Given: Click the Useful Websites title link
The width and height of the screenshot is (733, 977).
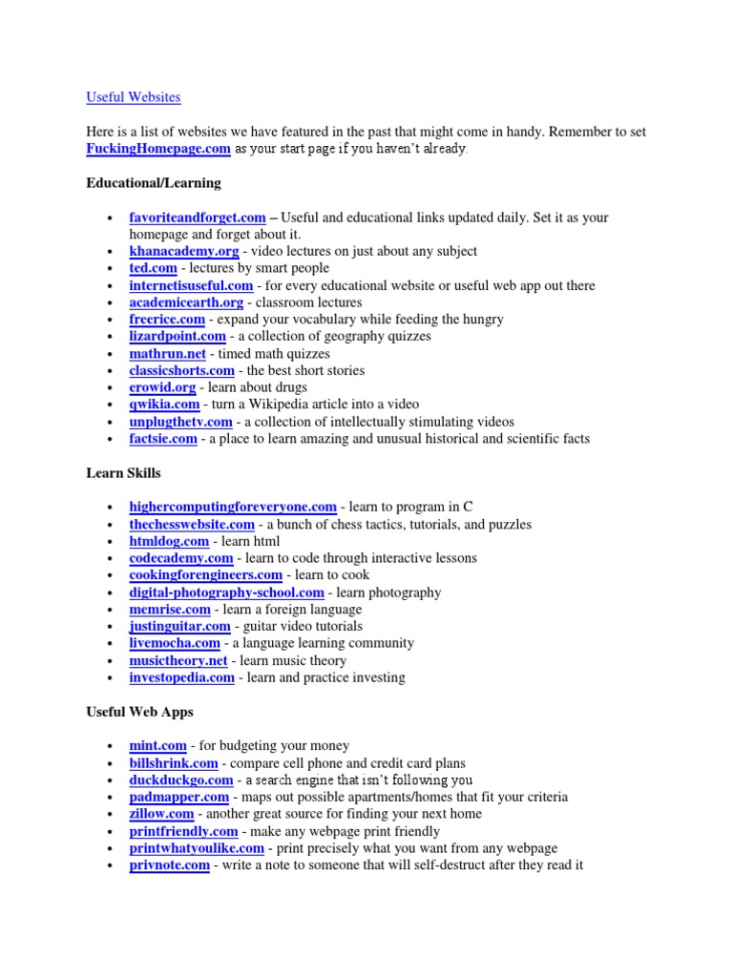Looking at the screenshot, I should [133, 97].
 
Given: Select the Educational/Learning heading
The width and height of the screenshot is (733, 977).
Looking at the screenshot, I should [153, 182].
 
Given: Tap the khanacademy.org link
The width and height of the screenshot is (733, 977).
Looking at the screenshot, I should [184, 251].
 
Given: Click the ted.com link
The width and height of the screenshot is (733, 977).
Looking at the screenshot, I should [154, 268].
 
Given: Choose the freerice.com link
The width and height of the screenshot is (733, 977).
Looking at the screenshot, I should [167, 320].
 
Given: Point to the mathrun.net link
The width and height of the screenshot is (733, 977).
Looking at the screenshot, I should [168, 354].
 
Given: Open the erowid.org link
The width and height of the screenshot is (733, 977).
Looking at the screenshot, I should [162, 387].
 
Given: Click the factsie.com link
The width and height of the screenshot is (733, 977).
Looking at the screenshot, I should [163, 439].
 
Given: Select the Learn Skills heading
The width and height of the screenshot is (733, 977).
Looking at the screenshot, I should [123, 473].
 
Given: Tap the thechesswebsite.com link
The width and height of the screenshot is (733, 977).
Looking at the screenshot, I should [192, 525].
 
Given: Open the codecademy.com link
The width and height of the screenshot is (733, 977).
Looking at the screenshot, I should [181, 558].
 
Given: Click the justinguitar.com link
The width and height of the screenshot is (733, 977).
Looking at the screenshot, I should [180, 627].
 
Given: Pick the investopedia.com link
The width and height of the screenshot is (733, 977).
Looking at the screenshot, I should [182, 677].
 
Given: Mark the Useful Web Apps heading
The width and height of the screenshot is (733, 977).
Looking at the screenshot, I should [139, 712].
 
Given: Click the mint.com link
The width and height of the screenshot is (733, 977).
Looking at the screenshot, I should [158, 746].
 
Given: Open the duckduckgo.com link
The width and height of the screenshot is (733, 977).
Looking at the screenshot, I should [181, 780].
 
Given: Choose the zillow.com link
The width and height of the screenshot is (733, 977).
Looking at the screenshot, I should [162, 814].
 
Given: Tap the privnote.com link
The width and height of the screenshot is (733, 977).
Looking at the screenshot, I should [170, 865].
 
